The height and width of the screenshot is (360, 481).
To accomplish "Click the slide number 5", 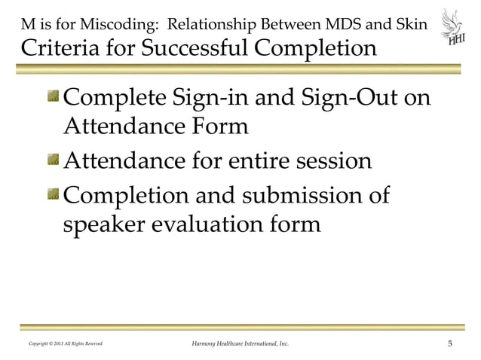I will (450, 345).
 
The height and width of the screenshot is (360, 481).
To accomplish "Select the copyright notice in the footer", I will (66, 345).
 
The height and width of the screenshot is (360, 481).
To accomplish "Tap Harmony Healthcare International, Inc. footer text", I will (237, 345).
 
